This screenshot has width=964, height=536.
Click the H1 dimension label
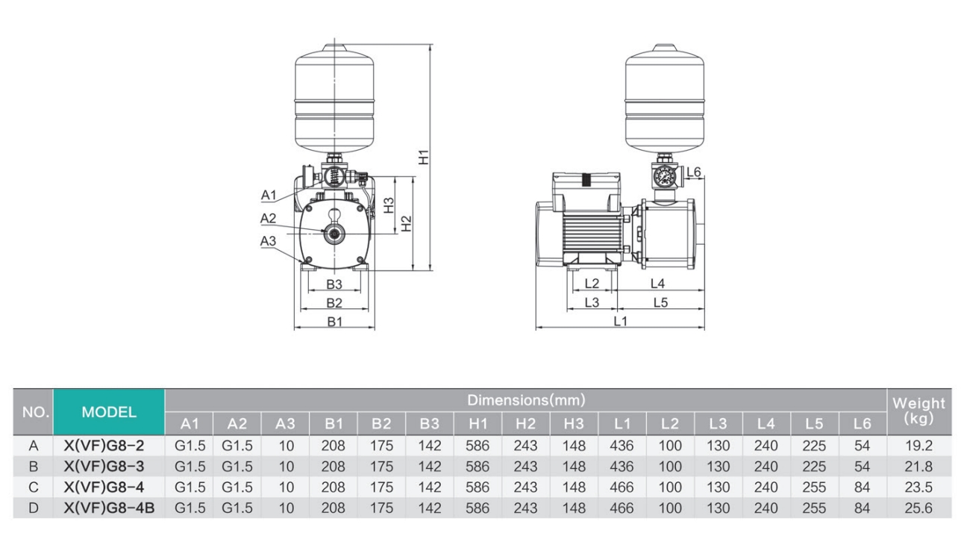[423, 158]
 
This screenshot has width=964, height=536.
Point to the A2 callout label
[268, 218]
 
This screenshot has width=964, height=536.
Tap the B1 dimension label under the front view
[334, 322]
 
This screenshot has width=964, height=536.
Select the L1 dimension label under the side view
[620, 321]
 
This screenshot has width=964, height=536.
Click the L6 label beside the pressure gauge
[693, 172]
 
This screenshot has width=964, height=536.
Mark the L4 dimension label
[657, 283]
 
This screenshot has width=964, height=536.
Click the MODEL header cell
[109, 411]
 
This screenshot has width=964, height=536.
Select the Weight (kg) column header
[918, 411]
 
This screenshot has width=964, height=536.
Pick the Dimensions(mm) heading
[525, 400]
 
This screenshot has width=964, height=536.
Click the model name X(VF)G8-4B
[109, 508]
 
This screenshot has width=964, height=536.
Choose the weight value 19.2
[918, 446]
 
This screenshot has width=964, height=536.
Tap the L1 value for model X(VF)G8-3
[622, 467]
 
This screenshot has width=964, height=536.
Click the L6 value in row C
[862, 487]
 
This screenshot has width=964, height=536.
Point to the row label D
[33, 508]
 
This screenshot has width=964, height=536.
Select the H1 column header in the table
[478, 423]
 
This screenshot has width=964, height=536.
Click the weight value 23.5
[918, 487]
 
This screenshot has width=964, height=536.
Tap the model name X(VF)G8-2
[109, 446]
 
